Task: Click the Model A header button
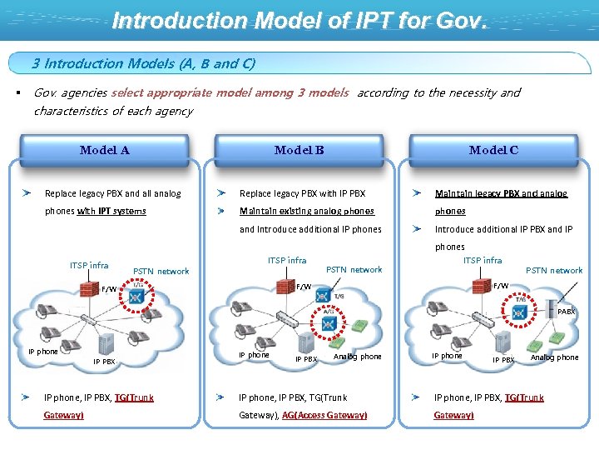coord(104,151)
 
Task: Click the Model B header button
coord(299,151)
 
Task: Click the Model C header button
coord(493,151)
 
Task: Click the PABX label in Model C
coord(566,312)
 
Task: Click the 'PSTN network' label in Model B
coord(354,269)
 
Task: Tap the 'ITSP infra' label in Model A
coord(89,266)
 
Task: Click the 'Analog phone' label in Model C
coord(554,357)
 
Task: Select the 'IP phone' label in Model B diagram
coord(254,355)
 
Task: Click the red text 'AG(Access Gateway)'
coord(324,415)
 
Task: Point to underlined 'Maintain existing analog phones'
coord(307,212)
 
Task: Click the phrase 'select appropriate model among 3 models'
coord(229,93)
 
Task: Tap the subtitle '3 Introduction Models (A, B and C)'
coord(143,63)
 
